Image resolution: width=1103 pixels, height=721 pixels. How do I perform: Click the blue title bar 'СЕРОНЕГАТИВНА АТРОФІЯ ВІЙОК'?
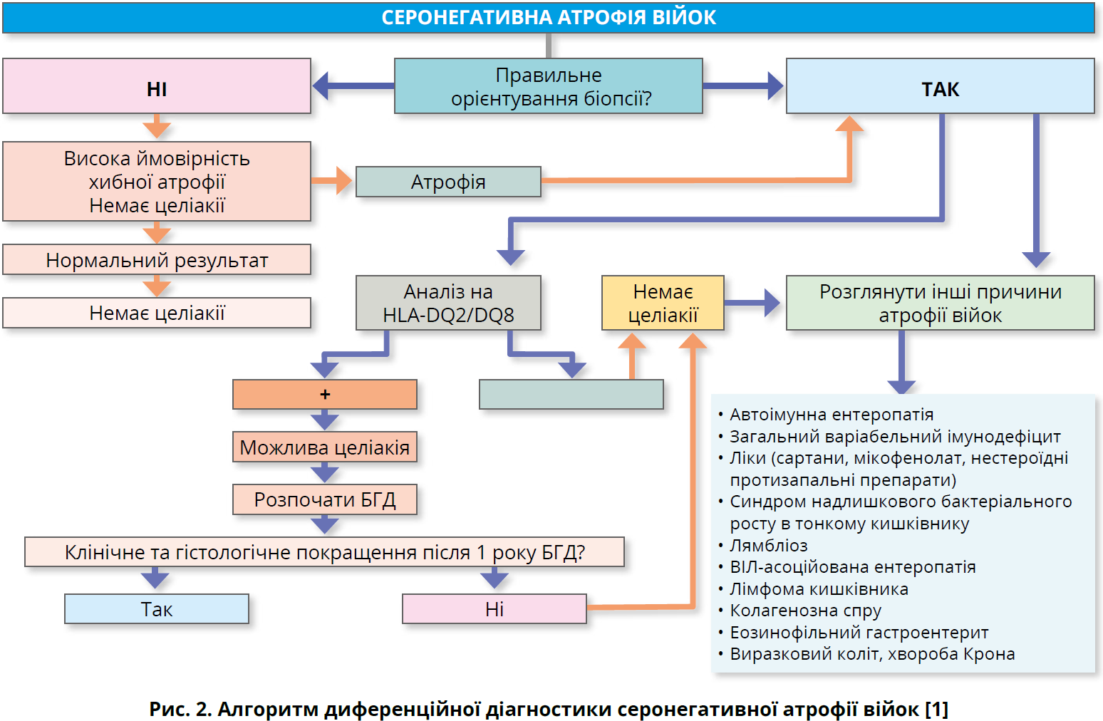click(x=549, y=18)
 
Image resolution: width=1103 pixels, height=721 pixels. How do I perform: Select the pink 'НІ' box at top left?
click(x=157, y=87)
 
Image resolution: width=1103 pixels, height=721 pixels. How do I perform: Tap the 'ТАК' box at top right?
click(x=940, y=87)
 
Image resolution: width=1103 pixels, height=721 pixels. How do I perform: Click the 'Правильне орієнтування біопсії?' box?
click(x=549, y=87)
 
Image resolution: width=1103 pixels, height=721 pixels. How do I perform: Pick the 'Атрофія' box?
click(x=448, y=182)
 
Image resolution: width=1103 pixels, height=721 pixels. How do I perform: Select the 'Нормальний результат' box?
click(x=157, y=260)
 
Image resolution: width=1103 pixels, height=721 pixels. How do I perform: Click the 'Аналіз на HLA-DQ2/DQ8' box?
click(x=448, y=303)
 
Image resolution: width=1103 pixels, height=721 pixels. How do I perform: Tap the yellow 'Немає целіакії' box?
click(x=663, y=303)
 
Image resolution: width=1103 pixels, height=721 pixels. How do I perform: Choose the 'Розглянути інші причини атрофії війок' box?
click(x=940, y=303)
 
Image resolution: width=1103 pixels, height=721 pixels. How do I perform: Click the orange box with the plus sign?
click(x=325, y=394)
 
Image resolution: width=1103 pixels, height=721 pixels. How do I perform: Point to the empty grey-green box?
click(x=571, y=394)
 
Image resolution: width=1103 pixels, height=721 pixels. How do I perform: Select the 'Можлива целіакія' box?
click(x=325, y=447)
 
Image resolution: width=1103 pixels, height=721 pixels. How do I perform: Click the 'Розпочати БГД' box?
click(x=325, y=499)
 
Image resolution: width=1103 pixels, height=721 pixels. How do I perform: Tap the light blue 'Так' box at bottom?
click(x=157, y=609)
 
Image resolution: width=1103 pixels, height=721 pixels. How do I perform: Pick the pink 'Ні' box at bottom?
click(x=494, y=609)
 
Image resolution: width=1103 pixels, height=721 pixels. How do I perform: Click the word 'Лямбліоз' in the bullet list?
click(x=769, y=546)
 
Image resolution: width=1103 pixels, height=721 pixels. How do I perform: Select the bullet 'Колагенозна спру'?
click(x=805, y=611)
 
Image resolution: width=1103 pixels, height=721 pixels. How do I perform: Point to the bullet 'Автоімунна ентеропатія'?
click(x=831, y=415)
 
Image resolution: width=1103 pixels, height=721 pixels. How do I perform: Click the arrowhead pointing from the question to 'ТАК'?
click(x=775, y=86)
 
